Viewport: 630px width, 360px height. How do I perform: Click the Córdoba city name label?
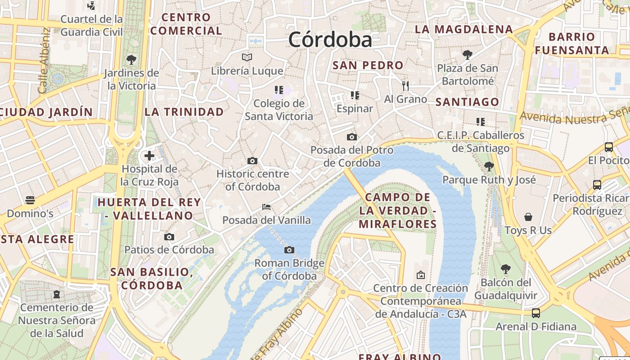[x=330, y=40]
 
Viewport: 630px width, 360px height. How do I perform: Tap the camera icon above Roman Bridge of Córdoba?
[x=289, y=250]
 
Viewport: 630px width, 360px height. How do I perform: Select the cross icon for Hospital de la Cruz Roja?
[x=149, y=156]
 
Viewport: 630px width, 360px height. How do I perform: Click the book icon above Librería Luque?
[x=247, y=57]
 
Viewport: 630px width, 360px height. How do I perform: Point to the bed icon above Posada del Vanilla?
[x=266, y=207]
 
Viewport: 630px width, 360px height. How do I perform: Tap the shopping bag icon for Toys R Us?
[x=528, y=217]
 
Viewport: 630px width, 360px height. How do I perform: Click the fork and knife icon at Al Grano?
[x=405, y=85]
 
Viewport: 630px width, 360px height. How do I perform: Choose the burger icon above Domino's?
[x=30, y=200]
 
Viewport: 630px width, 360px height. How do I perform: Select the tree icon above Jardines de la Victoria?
[x=131, y=59]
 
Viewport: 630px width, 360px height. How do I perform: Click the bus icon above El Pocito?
[x=609, y=147]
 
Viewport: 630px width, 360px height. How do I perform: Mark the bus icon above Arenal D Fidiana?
[x=536, y=313]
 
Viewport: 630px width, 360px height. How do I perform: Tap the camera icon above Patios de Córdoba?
[x=169, y=237]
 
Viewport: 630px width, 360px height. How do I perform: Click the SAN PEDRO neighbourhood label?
[x=368, y=65]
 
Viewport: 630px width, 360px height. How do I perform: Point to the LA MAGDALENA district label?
[x=463, y=30]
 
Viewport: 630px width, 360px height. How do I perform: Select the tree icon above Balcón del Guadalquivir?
[x=506, y=269]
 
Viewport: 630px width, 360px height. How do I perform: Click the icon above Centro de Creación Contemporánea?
[x=420, y=274]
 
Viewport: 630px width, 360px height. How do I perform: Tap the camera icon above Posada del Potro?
[x=352, y=137]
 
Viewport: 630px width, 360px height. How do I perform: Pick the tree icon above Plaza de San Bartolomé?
[x=468, y=55]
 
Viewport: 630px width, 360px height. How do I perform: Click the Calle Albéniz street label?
[x=44, y=61]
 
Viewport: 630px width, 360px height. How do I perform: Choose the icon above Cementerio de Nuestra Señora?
[x=57, y=294]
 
